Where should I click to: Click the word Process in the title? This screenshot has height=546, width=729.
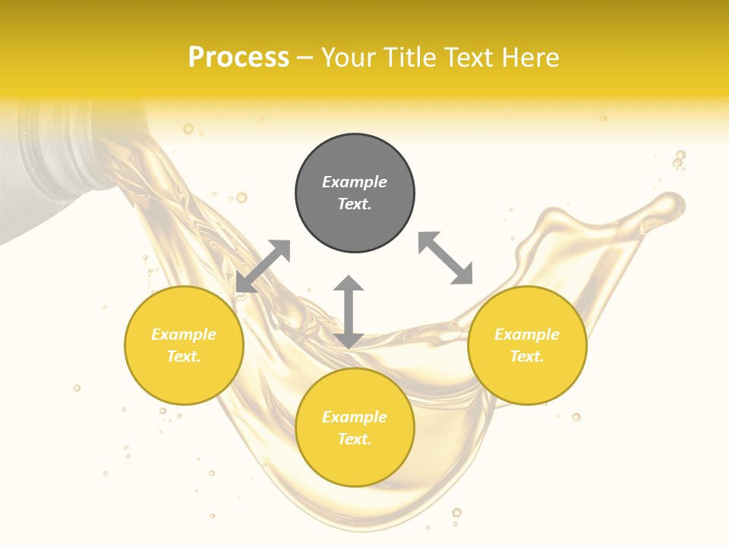[x=238, y=58]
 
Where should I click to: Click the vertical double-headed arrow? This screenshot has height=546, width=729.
[x=349, y=312]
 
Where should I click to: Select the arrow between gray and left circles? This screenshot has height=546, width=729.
[x=263, y=266]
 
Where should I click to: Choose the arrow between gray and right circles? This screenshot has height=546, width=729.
[x=445, y=258]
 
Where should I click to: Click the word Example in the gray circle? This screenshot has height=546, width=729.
[x=355, y=182]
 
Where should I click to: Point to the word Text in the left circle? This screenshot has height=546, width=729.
[x=184, y=356]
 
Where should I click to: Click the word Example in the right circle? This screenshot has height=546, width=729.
[x=527, y=334]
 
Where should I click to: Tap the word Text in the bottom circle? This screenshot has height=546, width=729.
[x=355, y=439]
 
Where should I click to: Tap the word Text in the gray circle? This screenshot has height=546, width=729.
[x=355, y=204]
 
